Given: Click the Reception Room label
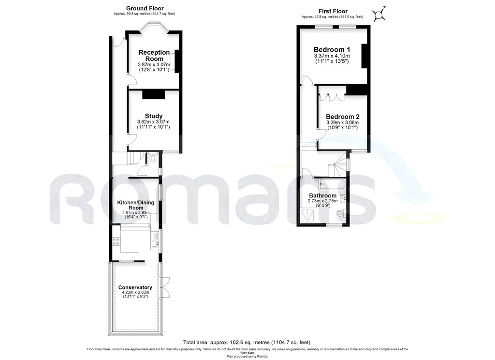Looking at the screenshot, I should (x=154, y=55).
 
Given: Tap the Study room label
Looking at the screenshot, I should (x=153, y=116).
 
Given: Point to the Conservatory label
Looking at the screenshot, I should (x=135, y=287).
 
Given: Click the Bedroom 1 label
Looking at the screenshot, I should (x=332, y=50).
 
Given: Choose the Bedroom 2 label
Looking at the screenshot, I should (x=342, y=117).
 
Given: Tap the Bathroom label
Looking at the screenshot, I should (x=322, y=195).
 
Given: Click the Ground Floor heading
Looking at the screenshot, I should (x=145, y=8).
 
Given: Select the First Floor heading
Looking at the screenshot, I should (x=332, y=11).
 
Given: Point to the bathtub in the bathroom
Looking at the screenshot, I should (x=332, y=184).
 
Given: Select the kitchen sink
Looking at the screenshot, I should (x=155, y=245).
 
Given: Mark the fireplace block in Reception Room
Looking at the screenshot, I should (x=177, y=61).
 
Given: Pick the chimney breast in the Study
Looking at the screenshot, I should (x=153, y=94).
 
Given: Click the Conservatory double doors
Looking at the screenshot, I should (x=165, y=286).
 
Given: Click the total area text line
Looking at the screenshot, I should (x=247, y=341).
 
